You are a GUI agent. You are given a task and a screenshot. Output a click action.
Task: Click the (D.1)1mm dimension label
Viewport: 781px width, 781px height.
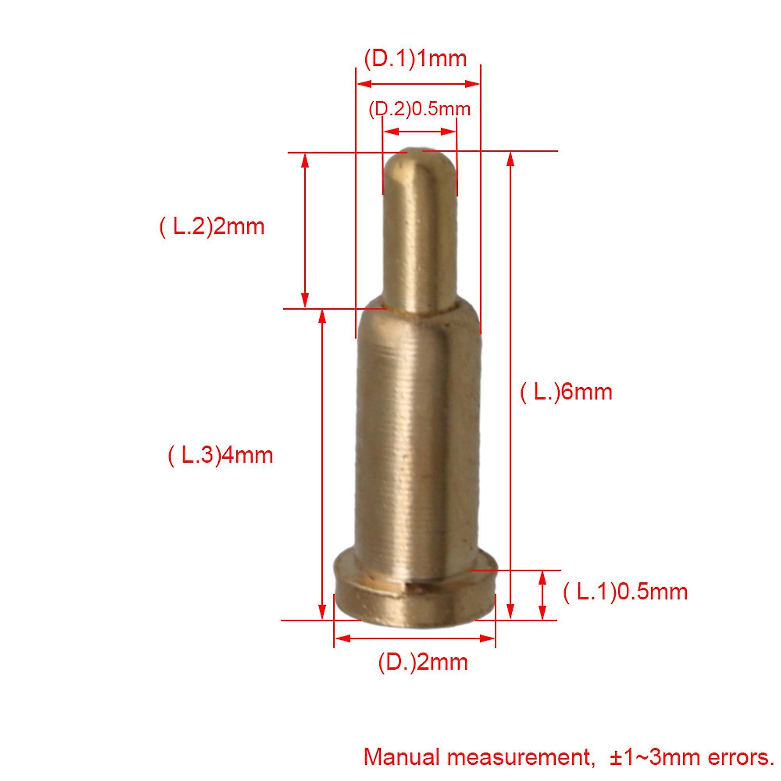pyautogui.click(x=415, y=59)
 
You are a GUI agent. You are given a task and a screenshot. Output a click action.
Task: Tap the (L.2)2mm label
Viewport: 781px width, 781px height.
pyautogui.click(x=212, y=226)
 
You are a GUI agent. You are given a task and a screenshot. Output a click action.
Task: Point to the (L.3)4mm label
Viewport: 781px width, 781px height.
pyautogui.click(x=220, y=456)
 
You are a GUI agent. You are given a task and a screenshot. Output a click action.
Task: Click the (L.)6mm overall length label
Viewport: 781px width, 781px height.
pyautogui.click(x=566, y=392)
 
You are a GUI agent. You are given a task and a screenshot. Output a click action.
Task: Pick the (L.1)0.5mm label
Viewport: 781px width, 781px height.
pyautogui.click(x=625, y=592)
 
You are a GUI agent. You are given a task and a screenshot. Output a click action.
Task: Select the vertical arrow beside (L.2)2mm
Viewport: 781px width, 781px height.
pyautogui.click(x=305, y=230)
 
